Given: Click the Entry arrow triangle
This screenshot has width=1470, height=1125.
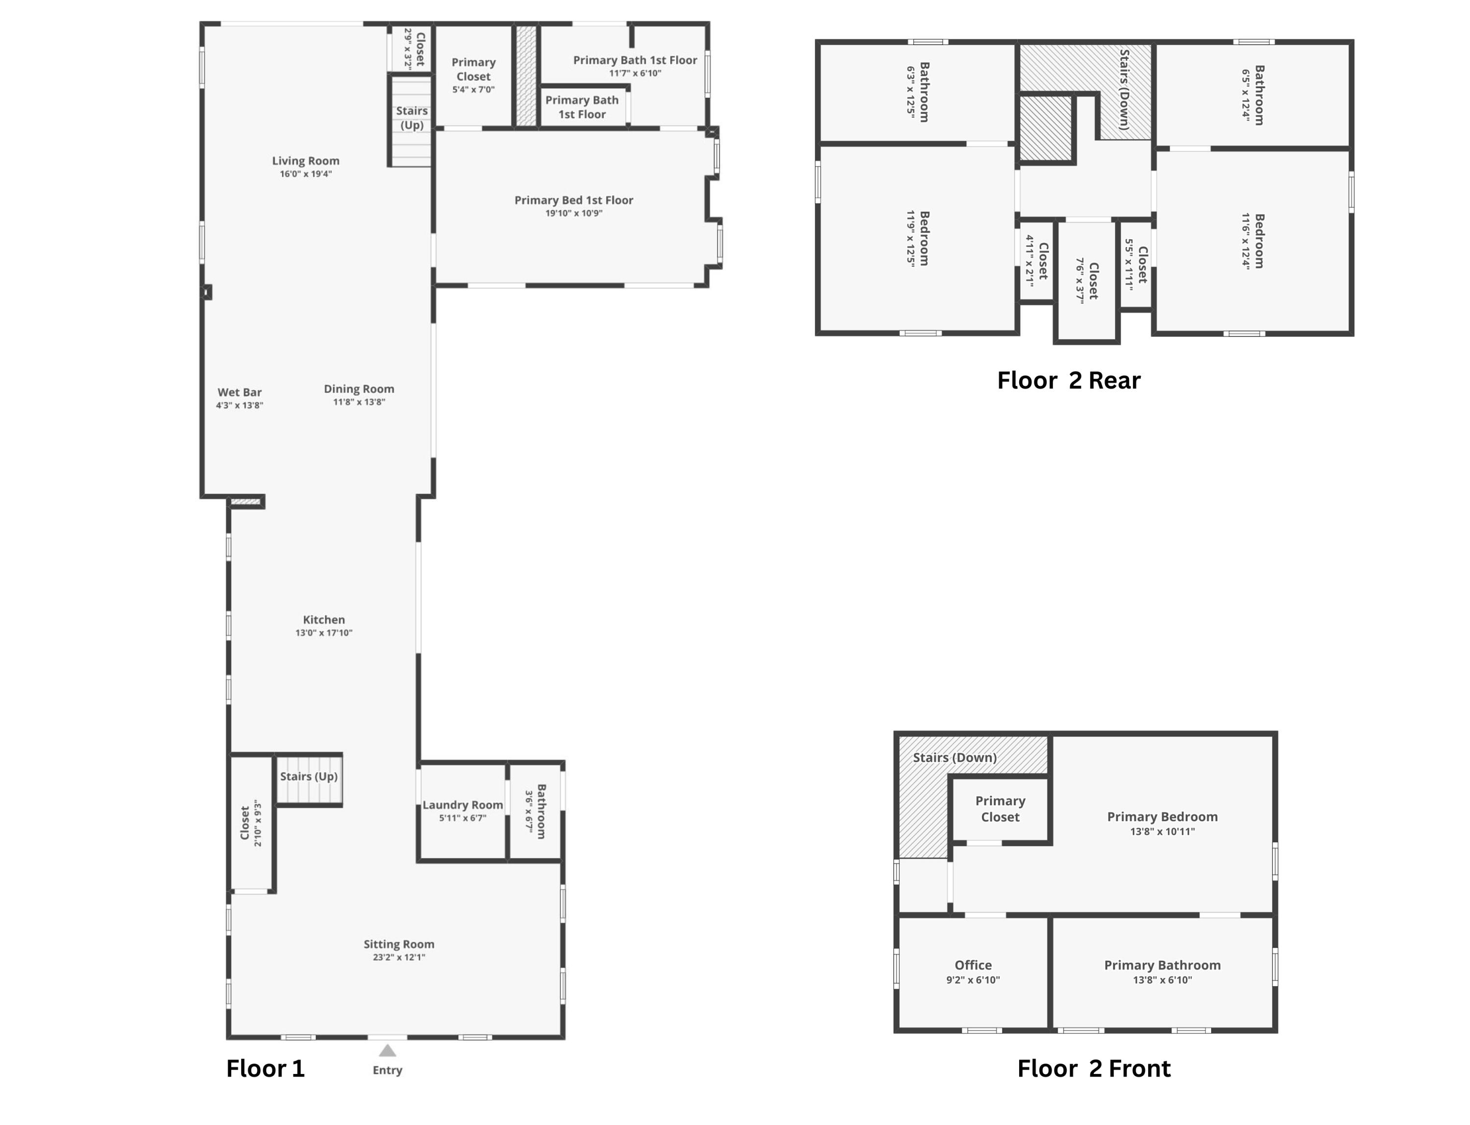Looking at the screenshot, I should click(387, 1050).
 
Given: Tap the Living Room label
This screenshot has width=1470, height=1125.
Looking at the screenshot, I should click(305, 161).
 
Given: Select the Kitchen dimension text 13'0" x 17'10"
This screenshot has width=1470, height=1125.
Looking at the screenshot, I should click(323, 633).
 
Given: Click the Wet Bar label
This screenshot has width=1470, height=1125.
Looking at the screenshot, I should click(239, 393).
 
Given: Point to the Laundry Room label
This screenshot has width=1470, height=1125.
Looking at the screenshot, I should click(462, 805).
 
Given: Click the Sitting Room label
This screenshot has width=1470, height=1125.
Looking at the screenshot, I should click(398, 944).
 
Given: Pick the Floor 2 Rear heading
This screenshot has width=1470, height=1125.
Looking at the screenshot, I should click(1068, 380).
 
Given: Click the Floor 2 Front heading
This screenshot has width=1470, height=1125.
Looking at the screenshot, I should click(1093, 1068).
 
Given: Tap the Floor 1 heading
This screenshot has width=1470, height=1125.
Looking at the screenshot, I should click(265, 1068).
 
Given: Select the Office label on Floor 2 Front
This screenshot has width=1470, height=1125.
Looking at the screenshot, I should click(973, 965).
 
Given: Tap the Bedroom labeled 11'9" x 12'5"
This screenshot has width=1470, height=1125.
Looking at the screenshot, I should click(918, 238).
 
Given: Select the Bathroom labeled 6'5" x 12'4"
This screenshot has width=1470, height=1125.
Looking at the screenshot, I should click(1252, 95).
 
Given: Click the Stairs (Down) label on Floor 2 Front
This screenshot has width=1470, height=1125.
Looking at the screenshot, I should click(954, 757).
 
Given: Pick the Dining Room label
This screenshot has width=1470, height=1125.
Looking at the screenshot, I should click(359, 389).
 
